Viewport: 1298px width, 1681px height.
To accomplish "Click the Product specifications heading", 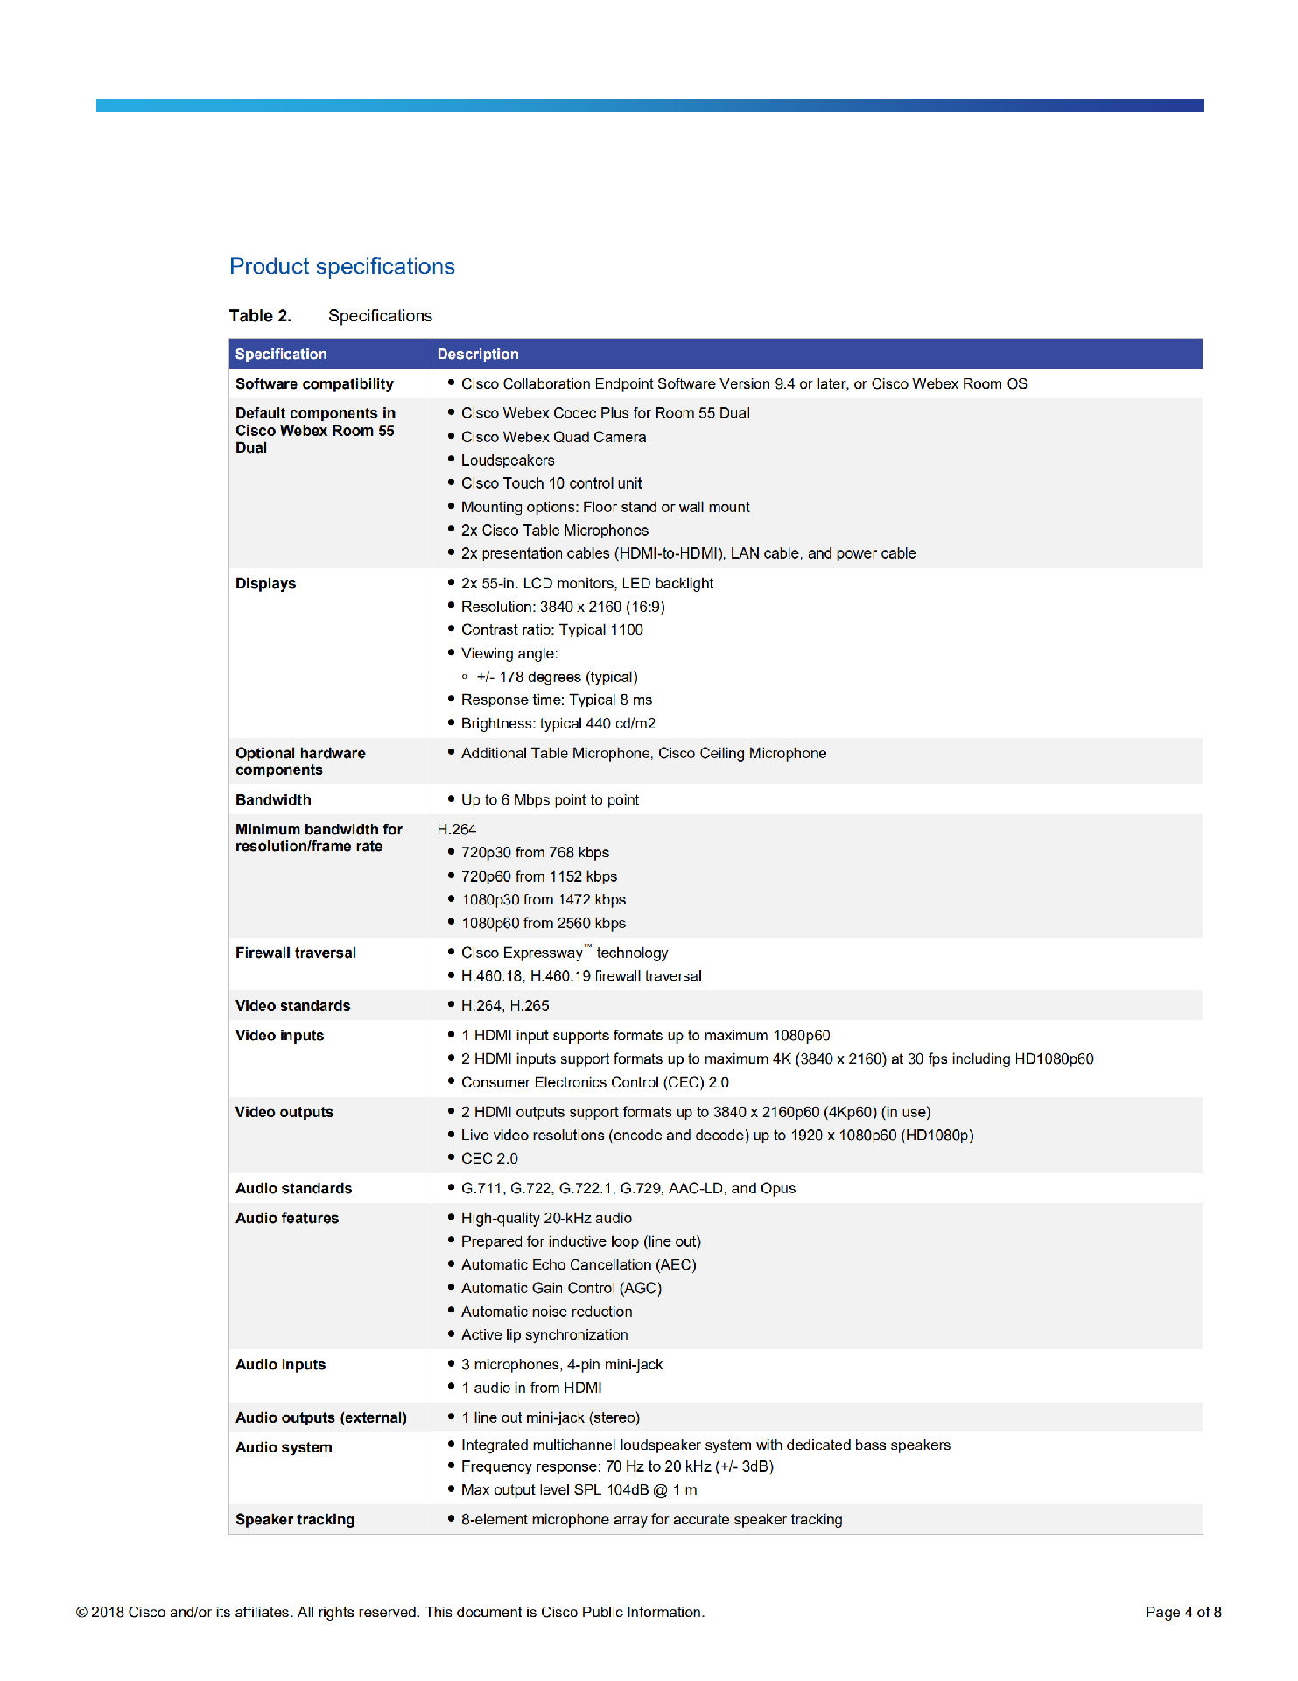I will tap(342, 266).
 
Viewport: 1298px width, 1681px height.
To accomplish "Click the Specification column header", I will tap(281, 354).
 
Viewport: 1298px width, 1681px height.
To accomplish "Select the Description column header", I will tap(478, 354).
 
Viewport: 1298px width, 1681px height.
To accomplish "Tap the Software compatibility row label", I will tap(314, 383).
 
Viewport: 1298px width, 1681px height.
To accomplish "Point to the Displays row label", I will tap(265, 583).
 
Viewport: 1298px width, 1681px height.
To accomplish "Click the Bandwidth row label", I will tap(273, 799).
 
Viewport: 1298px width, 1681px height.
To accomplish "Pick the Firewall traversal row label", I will tap(296, 953).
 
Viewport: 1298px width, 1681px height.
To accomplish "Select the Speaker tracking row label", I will tap(295, 1519).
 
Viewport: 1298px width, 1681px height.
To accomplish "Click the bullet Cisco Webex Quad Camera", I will tap(553, 437).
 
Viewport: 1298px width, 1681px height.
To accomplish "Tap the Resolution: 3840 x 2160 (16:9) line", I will tap(563, 607).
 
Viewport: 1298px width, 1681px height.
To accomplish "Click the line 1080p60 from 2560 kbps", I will tap(544, 923).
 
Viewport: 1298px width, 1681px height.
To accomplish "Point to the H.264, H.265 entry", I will tap(505, 1006).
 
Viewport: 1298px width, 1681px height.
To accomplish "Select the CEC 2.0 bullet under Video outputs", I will tap(489, 1158).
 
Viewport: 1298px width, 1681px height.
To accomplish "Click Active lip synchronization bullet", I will tap(544, 1334).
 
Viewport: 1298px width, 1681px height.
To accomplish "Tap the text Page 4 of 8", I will tap(1182, 1612).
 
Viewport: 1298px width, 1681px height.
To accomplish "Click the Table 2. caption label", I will tap(260, 316).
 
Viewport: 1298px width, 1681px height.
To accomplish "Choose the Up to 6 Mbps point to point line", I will tap(550, 799).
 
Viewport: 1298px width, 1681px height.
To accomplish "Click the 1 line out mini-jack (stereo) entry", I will tap(551, 1417).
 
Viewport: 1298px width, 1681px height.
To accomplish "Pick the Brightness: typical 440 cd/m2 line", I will tap(558, 723).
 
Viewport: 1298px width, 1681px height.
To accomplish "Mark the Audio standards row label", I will tap(293, 1188).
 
